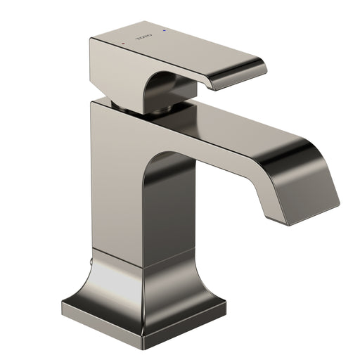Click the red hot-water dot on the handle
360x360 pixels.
pyautogui.click(x=124, y=44)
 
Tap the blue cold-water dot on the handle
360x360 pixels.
pyautogui.click(x=165, y=30)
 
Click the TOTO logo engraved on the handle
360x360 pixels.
pyautogui.click(x=144, y=37)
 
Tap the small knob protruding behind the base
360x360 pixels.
pyautogui.click(x=91, y=262)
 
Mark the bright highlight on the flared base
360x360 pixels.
pyautogui.click(x=112, y=283)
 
